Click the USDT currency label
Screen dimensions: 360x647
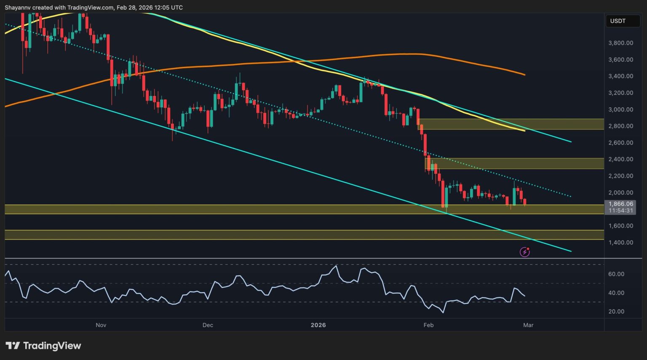(618, 21)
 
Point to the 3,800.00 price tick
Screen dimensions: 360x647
(620, 43)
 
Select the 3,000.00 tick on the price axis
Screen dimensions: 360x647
(620, 109)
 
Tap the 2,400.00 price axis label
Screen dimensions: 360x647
(620, 159)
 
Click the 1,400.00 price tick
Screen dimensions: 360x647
(620, 243)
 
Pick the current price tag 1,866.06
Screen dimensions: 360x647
(621, 204)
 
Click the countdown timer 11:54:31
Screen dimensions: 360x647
(621, 211)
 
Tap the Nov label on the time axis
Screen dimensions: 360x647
(101, 325)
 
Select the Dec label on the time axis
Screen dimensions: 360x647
(208, 325)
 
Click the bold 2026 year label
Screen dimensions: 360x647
(318, 325)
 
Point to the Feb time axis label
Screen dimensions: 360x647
(428, 325)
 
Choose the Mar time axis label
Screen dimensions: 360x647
(528, 325)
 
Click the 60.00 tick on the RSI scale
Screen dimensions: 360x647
(616, 274)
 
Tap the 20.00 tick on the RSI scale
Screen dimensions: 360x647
(616, 312)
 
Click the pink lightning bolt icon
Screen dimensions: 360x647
(525, 252)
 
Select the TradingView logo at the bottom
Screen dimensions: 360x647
(43, 346)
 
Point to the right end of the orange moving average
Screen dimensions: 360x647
(524, 75)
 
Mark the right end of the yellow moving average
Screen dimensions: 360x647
(524, 131)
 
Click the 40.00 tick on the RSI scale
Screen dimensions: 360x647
(616, 293)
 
